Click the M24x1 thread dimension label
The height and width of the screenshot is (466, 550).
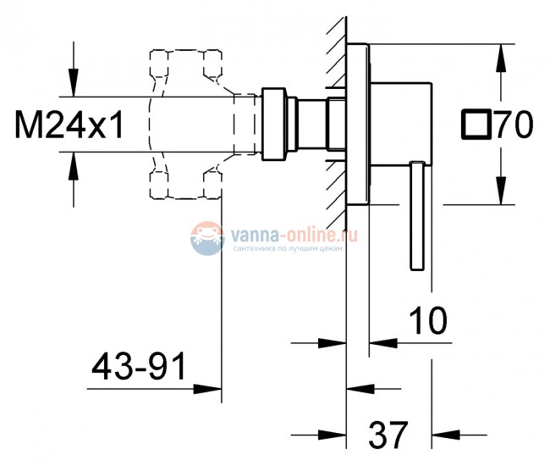(x=69, y=125)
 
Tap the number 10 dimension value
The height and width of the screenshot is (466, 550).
(x=428, y=320)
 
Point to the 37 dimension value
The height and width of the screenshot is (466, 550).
(x=388, y=435)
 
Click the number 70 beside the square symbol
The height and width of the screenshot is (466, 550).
(x=514, y=124)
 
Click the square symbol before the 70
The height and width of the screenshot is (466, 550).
(x=476, y=124)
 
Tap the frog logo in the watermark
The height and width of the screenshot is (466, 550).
(x=207, y=238)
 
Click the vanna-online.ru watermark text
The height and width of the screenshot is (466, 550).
(x=294, y=234)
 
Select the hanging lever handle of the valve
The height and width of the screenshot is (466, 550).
(x=417, y=215)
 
